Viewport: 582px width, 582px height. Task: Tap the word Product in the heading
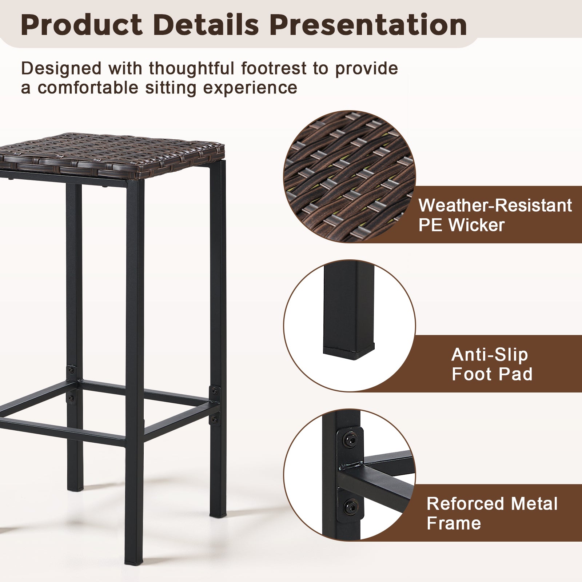pos(81,25)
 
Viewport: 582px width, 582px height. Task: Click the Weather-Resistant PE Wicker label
pos(495,215)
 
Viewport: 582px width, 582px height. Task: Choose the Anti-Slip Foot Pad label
pos(492,364)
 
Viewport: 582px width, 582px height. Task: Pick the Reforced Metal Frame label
pos(492,513)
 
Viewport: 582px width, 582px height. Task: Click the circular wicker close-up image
pos(349,177)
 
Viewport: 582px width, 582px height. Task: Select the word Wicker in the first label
pos(477,225)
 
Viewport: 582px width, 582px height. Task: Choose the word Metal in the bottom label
pos(534,504)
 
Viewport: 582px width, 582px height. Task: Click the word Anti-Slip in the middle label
pos(490,355)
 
